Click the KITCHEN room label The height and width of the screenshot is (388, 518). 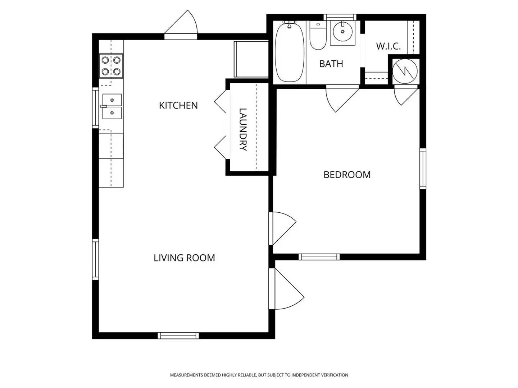(178, 105)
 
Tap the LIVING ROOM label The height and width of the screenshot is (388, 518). (184, 258)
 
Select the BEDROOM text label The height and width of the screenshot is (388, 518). (347, 175)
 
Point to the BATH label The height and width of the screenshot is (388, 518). (331, 64)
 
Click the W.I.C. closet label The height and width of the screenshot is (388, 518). (388, 46)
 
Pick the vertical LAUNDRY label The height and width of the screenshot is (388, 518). (243, 129)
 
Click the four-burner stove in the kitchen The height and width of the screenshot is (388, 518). (111, 66)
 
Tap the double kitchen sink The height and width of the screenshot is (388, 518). (112, 106)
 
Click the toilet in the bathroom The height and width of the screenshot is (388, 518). (318, 37)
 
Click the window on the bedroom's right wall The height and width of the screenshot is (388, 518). (423, 168)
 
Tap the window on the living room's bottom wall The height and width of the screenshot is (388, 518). (178, 336)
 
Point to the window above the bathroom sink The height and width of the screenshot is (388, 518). (340, 17)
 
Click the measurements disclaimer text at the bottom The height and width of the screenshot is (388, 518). (259, 375)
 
